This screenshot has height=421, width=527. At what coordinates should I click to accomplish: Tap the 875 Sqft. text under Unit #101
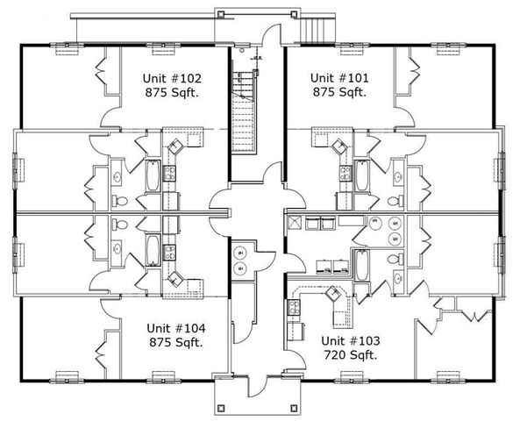coord(338,91)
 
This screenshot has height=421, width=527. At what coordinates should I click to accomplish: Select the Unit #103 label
coord(349,339)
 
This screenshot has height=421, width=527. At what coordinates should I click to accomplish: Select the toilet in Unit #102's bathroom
coord(122,202)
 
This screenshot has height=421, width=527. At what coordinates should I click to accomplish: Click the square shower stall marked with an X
coord(296,221)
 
